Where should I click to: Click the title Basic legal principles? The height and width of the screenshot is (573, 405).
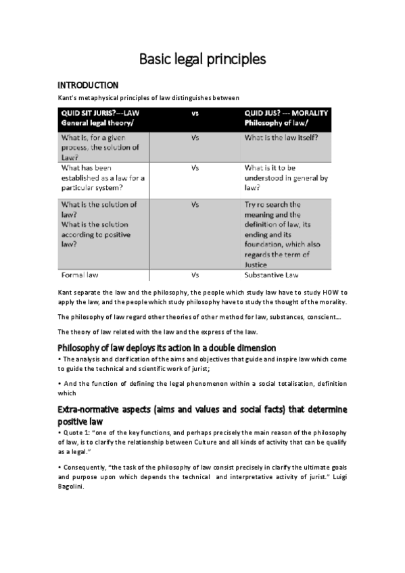click(x=202, y=59)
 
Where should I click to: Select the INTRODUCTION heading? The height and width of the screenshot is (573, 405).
click(x=88, y=85)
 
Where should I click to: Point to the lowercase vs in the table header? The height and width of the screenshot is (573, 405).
click(x=195, y=114)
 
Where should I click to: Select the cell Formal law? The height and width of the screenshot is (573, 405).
click(x=82, y=276)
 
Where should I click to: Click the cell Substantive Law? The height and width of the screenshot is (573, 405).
click(x=277, y=276)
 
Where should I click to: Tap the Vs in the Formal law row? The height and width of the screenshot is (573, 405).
click(x=195, y=276)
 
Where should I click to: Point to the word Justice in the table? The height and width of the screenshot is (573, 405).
click(x=258, y=264)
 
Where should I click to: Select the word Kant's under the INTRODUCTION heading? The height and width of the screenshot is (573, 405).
click(x=68, y=97)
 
